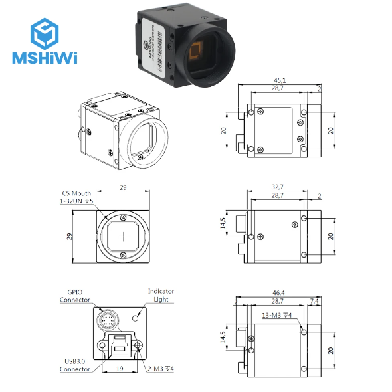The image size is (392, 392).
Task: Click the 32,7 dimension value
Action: click(x=278, y=187)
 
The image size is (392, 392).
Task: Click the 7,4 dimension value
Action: click(x=314, y=301)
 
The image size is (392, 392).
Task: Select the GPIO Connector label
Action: click(x=74, y=295)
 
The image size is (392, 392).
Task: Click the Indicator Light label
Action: click(x=160, y=295)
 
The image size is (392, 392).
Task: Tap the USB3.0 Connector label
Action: click(x=74, y=365)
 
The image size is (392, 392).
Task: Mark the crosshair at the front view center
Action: click(x=124, y=236)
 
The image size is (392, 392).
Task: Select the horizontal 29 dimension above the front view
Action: click(x=123, y=188)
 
